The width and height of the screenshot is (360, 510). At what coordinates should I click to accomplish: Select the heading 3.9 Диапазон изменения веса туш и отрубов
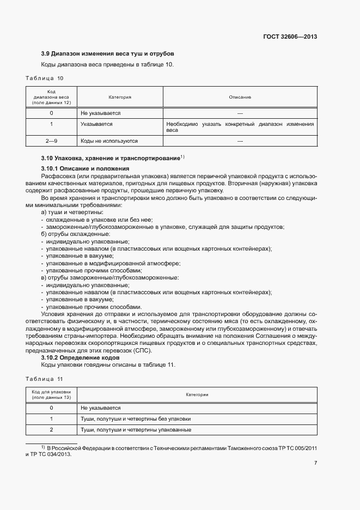coord(107,54)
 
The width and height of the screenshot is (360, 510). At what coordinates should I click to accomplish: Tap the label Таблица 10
coord(44,78)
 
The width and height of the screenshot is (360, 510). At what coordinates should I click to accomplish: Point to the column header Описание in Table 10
coord(240,97)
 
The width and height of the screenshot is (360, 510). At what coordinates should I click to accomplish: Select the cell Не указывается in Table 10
coord(100,113)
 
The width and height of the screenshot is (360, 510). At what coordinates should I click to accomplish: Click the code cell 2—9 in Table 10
coord(51,141)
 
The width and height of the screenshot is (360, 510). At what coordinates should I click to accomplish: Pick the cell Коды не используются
coord(109,141)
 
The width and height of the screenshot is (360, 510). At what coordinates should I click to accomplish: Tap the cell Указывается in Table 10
coord(96,124)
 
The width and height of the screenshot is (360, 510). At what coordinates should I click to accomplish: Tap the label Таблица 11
coord(44,379)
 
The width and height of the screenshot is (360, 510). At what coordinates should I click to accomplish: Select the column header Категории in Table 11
coord(197,394)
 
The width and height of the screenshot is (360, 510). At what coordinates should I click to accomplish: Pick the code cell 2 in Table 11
coord(51,430)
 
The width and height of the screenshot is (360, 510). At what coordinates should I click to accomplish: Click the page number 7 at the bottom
coord(316,463)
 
